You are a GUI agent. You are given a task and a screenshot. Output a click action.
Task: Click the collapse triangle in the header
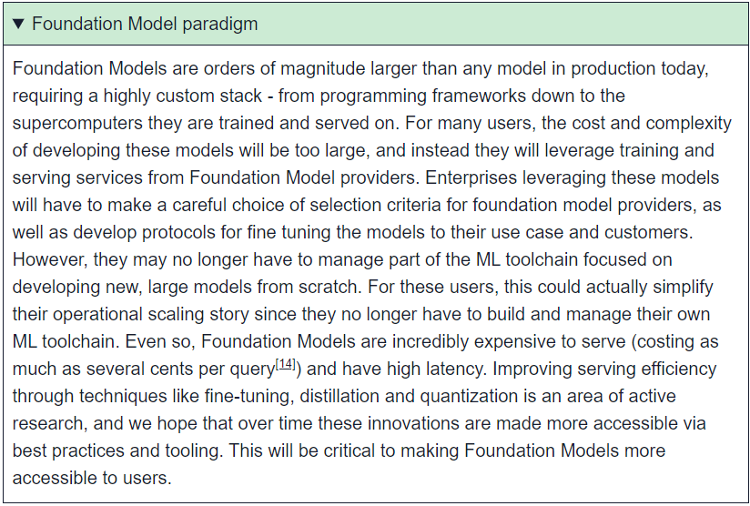tap(18, 24)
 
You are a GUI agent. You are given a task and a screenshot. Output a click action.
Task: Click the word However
tap(50, 259)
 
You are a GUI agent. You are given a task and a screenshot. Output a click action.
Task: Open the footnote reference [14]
tap(286, 364)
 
